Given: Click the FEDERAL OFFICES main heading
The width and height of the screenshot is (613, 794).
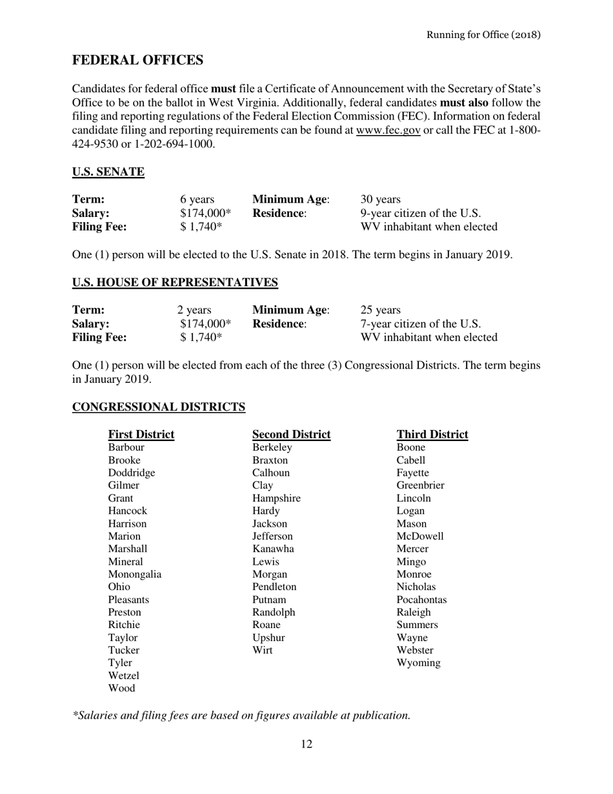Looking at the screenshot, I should pyautogui.click(x=137, y=61).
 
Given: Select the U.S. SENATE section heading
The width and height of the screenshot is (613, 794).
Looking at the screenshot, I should pyautogui.click(x=108, y=172).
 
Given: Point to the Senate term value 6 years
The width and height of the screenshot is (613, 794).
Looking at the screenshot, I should pyautogui.click(x=197, y=200).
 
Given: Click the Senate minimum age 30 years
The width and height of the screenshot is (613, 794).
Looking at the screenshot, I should pyautogui.click(x=381, y=200).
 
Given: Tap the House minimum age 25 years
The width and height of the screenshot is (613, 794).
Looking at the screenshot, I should pyautogui.click(x=381, y=310).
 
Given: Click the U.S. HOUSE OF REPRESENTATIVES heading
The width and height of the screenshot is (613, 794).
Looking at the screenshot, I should pyautogui.click(x=175, y=282).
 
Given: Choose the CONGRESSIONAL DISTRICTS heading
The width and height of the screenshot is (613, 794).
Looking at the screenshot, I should pyautogui.click(x=159, y=407).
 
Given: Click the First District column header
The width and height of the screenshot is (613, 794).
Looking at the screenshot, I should pyautogui.click(x=141, y=434).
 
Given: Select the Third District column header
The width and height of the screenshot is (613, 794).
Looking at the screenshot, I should pyautogui.click(x=432, y=434).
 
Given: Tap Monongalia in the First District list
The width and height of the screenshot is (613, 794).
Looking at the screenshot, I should pyautogui.click(x=134, y=574).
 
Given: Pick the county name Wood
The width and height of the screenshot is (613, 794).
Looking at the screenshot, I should pyautogui.click(x=121, y=688).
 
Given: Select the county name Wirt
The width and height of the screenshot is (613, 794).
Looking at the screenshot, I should pyautogui.click(x=262, y=650).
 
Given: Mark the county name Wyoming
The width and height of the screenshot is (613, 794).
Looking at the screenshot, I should pyautogui.click(x=419, y=663).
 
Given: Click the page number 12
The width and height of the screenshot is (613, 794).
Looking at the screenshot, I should pyautogui.click(x=306, y=744).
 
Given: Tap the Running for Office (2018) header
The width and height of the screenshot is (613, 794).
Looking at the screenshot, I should pyautogui.click(x=483, y=34).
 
